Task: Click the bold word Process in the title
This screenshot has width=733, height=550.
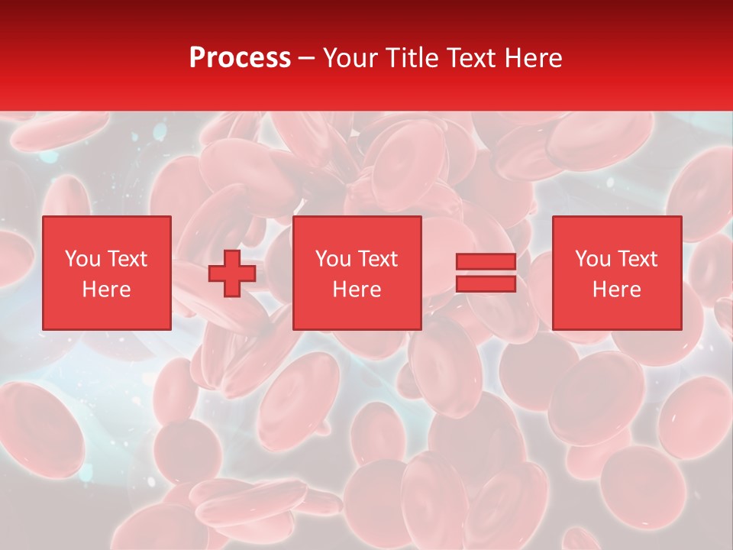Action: tap(240, 58)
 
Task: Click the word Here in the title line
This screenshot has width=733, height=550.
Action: tap(534, 58)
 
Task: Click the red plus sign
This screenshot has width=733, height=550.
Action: tap(232, 273)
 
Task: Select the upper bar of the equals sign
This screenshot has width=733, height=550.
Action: tap(486, 262)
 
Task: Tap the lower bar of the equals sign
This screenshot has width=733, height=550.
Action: tap(486, 283)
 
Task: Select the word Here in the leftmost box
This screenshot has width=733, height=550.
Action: tap(106, 290)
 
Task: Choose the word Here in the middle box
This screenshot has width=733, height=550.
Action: tap(357, 290)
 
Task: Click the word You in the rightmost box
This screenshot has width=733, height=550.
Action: tap(593, 259)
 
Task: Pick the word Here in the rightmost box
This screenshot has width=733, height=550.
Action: tap(616, 290)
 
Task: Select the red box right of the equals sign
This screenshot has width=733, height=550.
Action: tap(617, 313)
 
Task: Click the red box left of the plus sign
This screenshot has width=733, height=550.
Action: tap(107, 313)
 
